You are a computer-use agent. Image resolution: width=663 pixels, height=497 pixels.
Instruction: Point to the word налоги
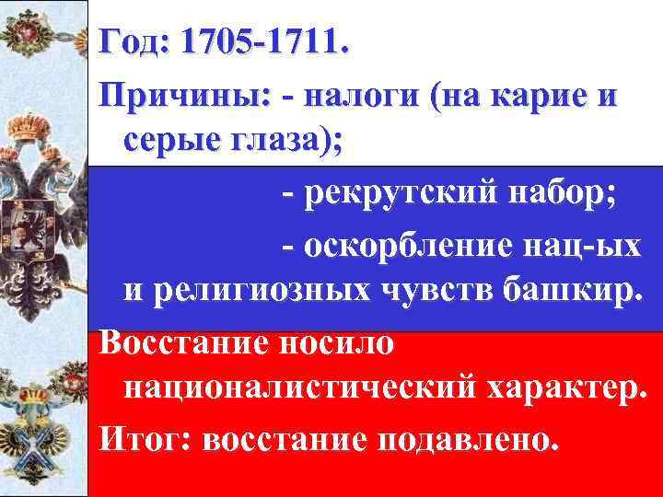coord(367,96)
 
